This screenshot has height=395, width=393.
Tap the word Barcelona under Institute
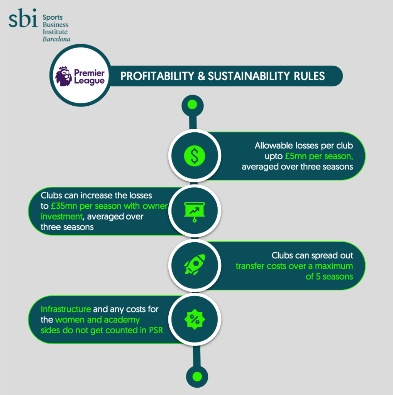click(x=56, y=39)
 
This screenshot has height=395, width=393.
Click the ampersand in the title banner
click(x=201, y=76)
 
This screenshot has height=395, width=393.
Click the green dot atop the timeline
click(x=192, y=105)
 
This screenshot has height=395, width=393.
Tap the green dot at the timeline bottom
click(x=197, y=376)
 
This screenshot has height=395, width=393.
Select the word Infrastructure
click(x=66, y=309)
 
